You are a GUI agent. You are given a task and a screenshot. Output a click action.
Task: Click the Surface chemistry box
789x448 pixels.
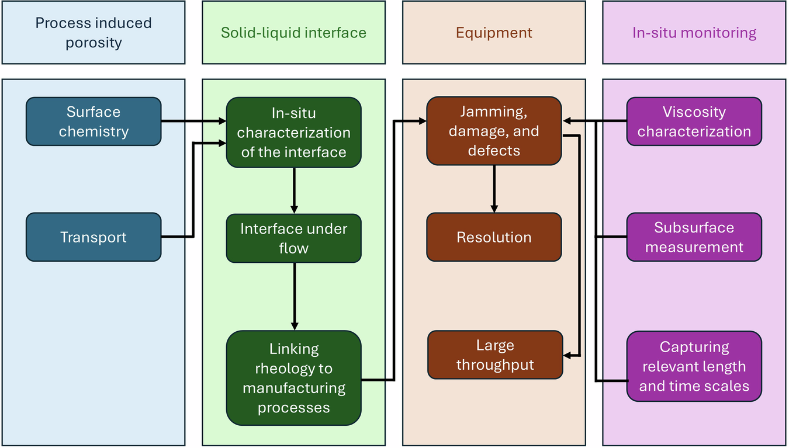tap(94, 121)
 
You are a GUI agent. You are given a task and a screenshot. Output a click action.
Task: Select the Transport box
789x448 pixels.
tap(94, 237)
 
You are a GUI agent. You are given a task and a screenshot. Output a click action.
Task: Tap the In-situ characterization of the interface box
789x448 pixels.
tap(293, 133)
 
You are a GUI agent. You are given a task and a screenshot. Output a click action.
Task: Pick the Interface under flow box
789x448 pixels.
tap(293, 238)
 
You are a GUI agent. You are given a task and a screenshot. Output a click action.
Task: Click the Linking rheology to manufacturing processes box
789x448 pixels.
tap(293, 378)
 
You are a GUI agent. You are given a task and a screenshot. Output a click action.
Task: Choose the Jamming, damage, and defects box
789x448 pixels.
tap(494, 131)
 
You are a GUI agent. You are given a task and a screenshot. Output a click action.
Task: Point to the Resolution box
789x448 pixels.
tap(494, 237)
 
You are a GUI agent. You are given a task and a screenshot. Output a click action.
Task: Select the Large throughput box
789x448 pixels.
tap(495, 355)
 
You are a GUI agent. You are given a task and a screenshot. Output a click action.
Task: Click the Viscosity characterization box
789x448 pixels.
tap(694, 121)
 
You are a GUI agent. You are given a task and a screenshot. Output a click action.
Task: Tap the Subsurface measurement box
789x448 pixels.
tap(694, 237)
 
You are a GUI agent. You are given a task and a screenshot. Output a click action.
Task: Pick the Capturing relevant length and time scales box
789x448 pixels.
tap(694, 366)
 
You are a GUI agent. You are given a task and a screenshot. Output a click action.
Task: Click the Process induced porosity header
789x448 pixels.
tap(94, 32)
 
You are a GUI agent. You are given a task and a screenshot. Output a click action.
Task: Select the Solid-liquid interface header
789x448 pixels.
tap(293, 32)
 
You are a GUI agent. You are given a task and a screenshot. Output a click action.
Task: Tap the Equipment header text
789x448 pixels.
tap(494, 33)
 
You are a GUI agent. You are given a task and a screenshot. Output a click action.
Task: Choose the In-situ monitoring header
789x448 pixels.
tap(694, 32)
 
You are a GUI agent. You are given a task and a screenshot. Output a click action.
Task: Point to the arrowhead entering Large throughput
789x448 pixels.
tap(567, 355)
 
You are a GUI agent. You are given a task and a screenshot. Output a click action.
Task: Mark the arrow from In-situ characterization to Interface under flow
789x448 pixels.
tap(294, 190)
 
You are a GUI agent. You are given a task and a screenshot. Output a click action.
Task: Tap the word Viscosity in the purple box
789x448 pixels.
tap(694, 112)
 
